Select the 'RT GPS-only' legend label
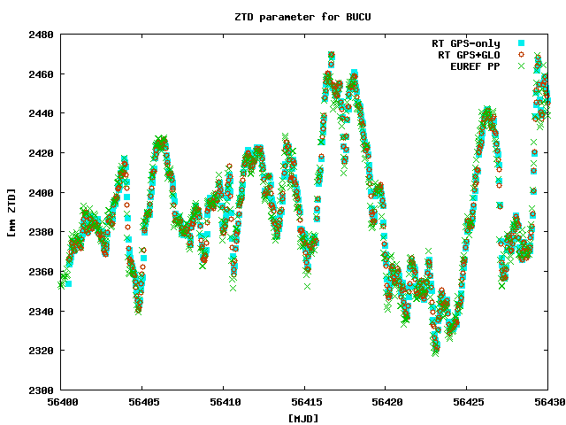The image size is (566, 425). (465, 43)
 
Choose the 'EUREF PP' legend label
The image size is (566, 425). (475, 66)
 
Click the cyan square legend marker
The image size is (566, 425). (522, 43)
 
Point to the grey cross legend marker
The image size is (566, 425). (522, 66)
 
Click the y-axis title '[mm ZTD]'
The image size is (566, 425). (11, 212)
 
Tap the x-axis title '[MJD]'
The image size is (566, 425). (304, 418)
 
